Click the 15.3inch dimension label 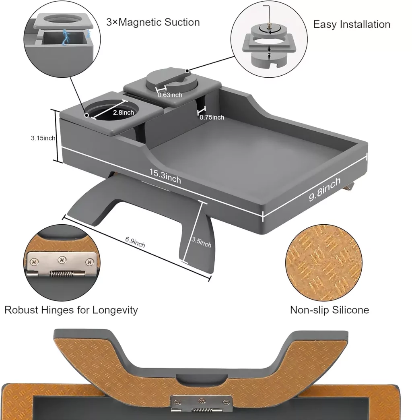165,176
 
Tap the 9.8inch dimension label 325,189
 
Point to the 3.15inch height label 43,138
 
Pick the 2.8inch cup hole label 123,112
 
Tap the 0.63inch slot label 170,95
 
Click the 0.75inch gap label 212,117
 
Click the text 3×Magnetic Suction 153,22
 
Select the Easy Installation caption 351,24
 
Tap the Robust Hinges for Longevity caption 71,310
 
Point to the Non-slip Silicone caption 329,310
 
